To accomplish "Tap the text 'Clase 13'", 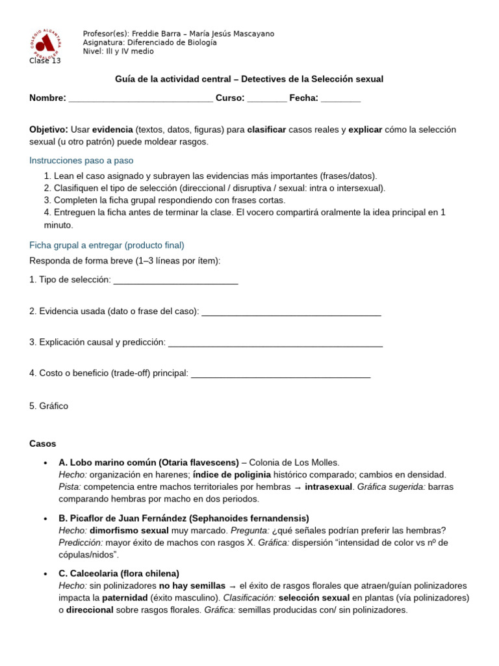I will click(x=45, y=60).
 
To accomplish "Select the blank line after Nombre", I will click(x=140, y=98).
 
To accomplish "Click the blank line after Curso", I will click(x=266, y=98).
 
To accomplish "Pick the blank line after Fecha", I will click(x=340, y=98).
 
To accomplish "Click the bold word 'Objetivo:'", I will click(x=49, y=129).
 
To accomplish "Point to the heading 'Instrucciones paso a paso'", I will click(x=81, y=160).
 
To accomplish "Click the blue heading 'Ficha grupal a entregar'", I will click(x=107, y=245).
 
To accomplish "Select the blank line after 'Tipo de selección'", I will click(x=175, y=280).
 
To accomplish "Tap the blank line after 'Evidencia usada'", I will click(x=291, y=312).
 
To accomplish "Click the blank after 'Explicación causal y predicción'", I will click(x=275, y=343).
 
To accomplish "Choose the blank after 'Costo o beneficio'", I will click(x=281, y=374).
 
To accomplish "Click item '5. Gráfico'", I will click(x=49, y=406).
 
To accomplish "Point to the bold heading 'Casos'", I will click(x=43, y=444).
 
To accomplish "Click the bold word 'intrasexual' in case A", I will click(x=328, y=486).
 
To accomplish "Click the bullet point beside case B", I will click(x=45, y=518).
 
